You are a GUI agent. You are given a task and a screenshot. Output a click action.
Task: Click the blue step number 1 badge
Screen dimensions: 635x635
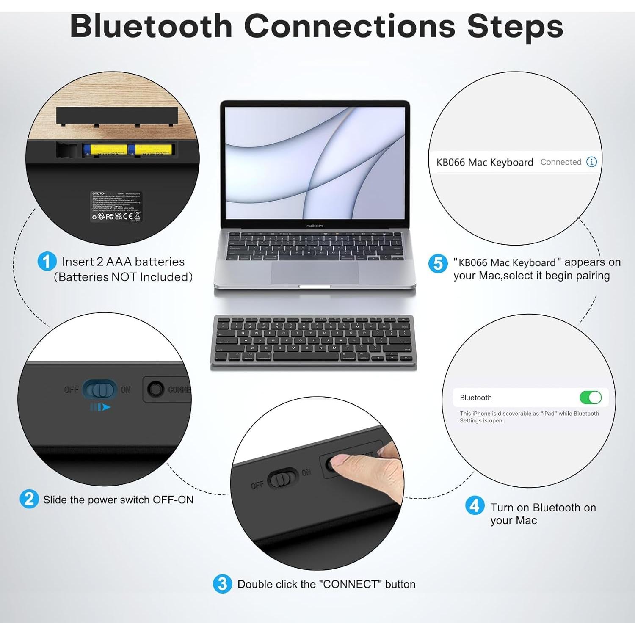point(47,261)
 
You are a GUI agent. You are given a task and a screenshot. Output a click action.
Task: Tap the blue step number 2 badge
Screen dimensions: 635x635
point(29,499)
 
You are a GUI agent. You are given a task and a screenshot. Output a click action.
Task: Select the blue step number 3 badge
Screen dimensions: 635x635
point(222,584)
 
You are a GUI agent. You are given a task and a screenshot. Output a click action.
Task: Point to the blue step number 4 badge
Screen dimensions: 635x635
point(475,505)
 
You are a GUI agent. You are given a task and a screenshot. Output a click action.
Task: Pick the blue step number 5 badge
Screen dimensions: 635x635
point(438,263)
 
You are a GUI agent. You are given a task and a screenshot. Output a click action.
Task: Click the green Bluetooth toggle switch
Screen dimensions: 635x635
point(590,398)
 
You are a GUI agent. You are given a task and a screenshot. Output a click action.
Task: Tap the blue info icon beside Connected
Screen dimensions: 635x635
point(591,162)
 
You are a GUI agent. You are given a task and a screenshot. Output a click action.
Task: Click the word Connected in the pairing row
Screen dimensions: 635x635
point(560,162)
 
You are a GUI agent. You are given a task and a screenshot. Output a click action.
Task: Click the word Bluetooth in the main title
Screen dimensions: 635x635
point(151,26)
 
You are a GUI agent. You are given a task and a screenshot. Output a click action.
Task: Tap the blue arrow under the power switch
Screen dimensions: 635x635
point(100,407)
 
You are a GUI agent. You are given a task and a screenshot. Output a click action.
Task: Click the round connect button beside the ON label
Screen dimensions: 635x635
point(155,389)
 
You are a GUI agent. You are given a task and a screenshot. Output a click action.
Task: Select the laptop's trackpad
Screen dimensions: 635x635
point(315,273)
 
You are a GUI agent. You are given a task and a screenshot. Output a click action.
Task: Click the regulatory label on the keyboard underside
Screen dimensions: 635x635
point(116,206)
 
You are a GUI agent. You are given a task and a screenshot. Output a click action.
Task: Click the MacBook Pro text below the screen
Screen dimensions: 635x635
point(315,226)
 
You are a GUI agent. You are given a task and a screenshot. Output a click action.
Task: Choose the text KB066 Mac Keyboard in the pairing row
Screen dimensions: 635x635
point(484,162)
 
